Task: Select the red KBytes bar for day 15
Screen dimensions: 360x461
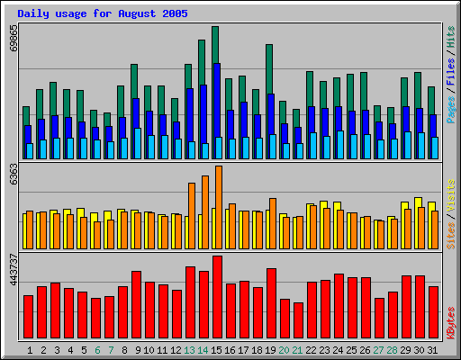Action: click(x=217, y=297)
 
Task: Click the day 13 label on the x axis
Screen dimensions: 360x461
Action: click(x=189, y=349)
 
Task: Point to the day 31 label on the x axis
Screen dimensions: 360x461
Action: click(x=432, y=349)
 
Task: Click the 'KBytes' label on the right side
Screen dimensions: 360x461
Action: click(x=451, y=321)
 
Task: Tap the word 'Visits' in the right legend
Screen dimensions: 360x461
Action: click(x=451, y=196)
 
